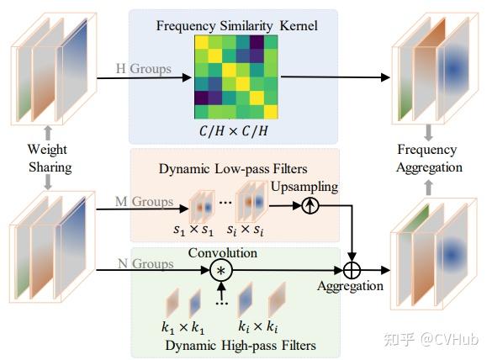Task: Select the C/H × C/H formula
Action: (235, 131)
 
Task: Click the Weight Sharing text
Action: (49, 159)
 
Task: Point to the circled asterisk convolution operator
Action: (221, 271)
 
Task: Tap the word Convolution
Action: (222, 251)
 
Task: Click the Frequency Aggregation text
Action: (428, 159)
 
